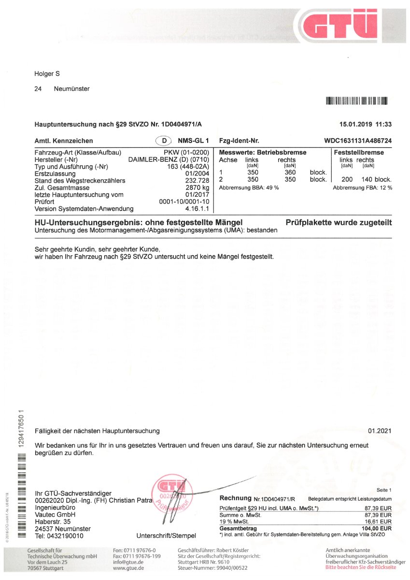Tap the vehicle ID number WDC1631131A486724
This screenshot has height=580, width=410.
(x=358, y=141)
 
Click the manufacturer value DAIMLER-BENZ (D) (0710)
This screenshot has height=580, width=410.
(x=168, y=160)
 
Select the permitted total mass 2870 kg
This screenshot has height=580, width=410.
(x=198, y=188)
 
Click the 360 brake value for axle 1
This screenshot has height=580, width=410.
(x=290, y=173)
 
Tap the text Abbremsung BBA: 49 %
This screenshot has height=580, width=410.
(x=249, y=188)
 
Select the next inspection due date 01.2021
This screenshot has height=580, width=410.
(x=380, y=431)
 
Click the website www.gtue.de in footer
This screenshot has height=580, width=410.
(x=128, y=568)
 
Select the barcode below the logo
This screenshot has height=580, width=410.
(x=357, y=101)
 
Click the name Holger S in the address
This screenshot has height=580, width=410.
(x=47, y=74)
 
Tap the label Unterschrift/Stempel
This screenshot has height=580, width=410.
(x=166, y=536)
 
